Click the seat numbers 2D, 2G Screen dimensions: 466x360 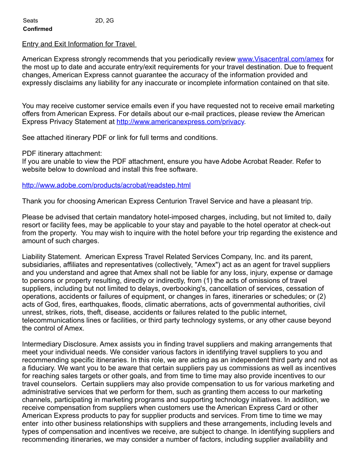105,20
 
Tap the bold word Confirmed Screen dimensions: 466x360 37,29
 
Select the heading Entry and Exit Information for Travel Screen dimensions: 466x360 79,44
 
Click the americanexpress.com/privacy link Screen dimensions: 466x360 180,122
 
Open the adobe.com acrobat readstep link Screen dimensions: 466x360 106,185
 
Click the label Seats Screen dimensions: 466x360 30,20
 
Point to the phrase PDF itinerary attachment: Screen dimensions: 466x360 62,154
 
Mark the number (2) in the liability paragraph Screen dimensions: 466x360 331,297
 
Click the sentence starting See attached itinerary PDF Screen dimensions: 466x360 120,138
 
